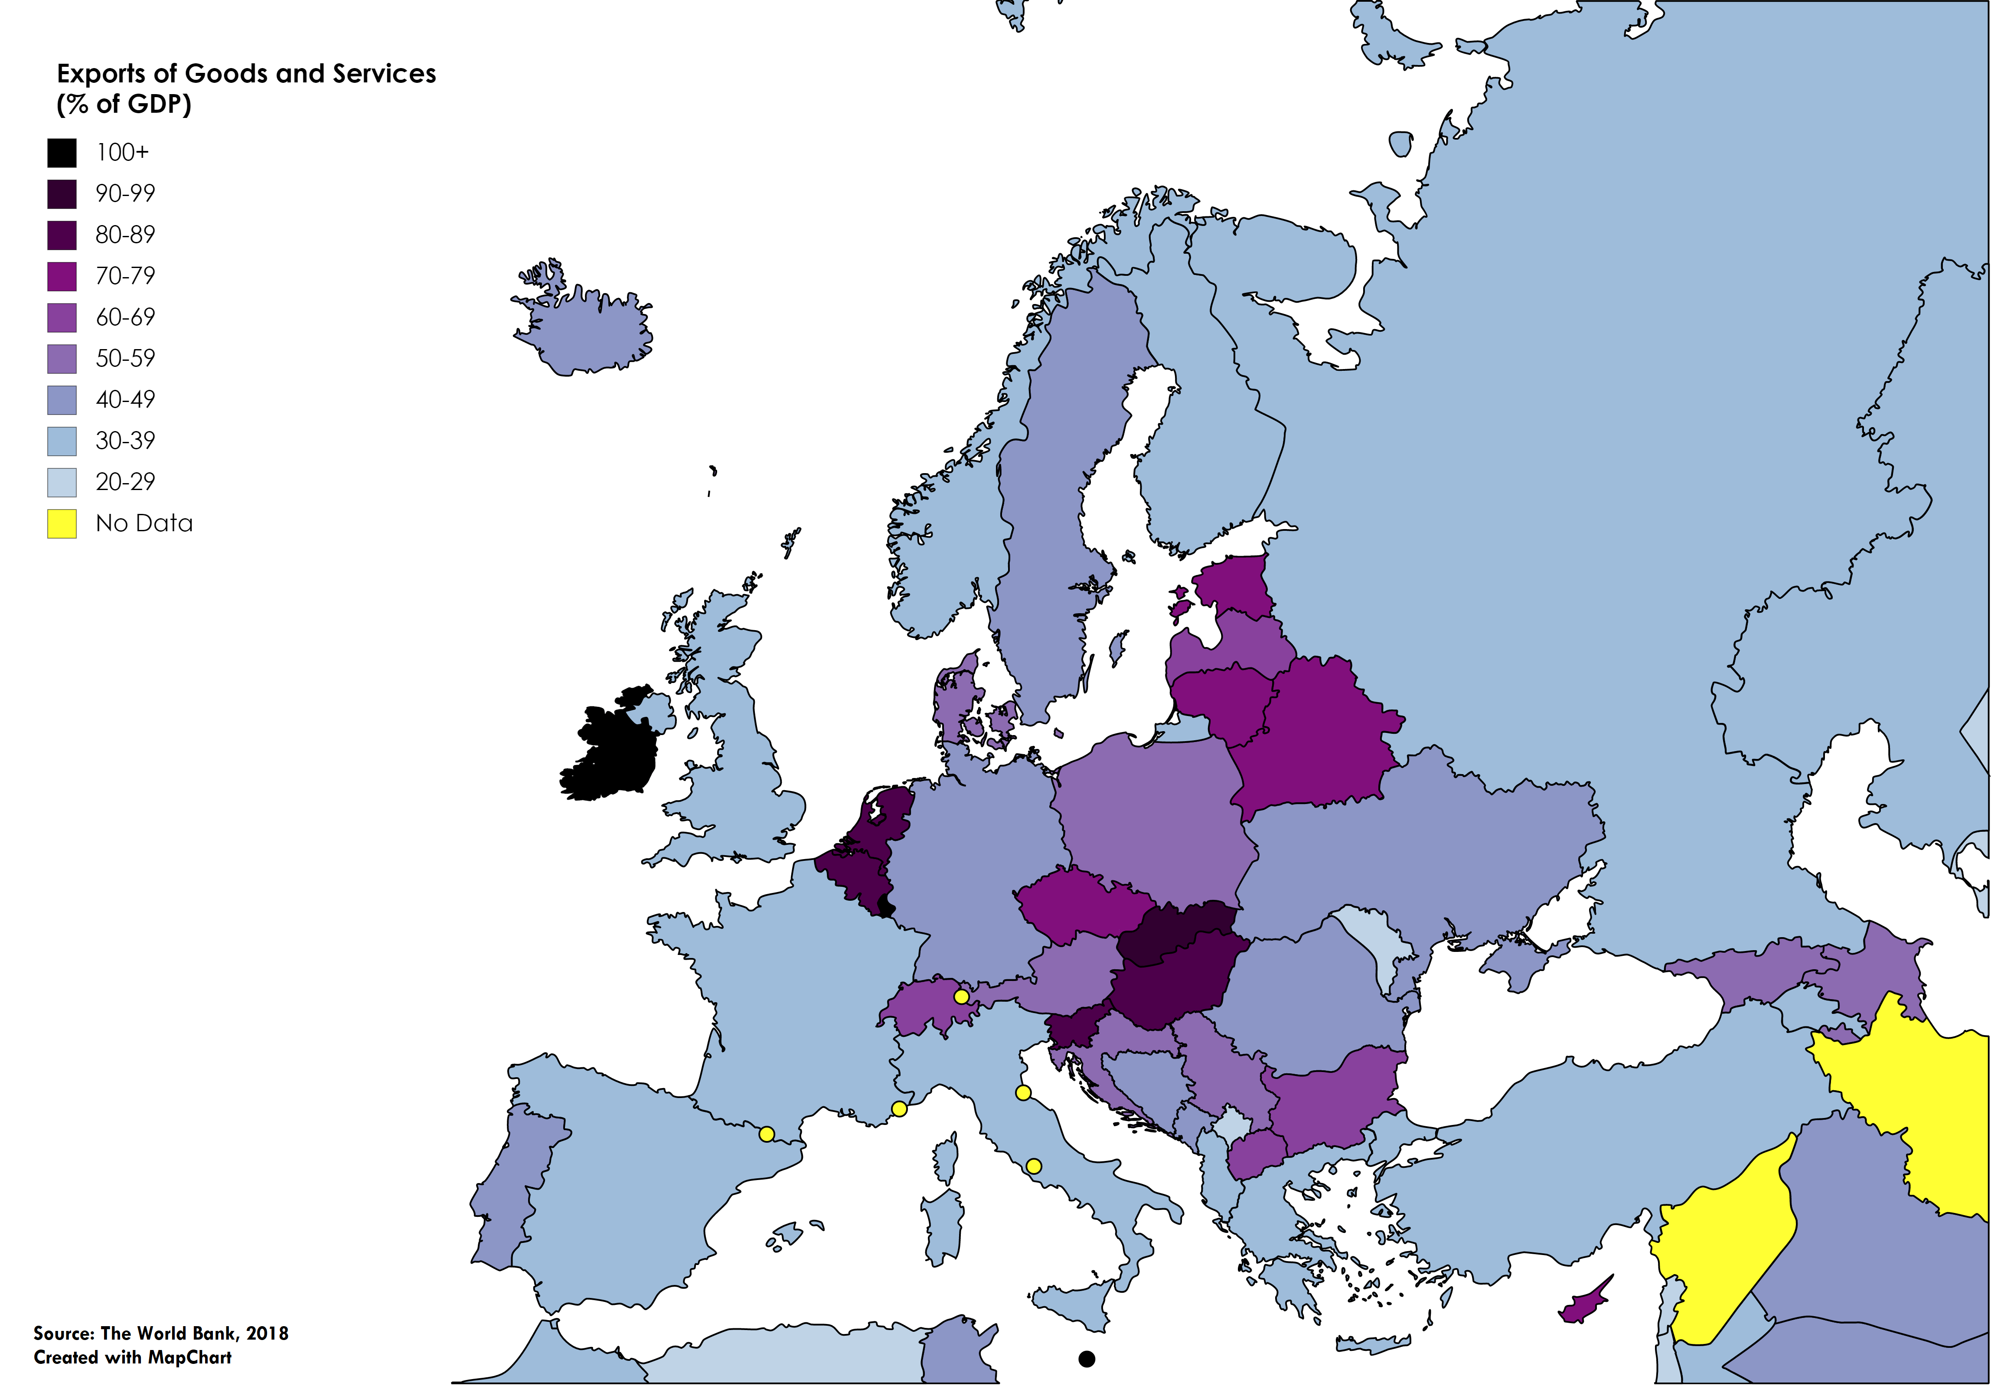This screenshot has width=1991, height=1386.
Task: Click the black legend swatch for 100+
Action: pos(62,153)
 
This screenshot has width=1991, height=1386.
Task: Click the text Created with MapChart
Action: pos(133,1357)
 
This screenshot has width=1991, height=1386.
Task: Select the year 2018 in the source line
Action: pos(267,1333)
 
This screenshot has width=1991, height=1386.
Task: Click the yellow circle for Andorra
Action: pos(767,1134)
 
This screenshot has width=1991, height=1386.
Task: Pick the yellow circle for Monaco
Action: pos(899,1108)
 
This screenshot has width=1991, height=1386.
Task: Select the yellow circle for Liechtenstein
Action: pos(961,997)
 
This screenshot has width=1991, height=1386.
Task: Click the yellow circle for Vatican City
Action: pos(1034,1167)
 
